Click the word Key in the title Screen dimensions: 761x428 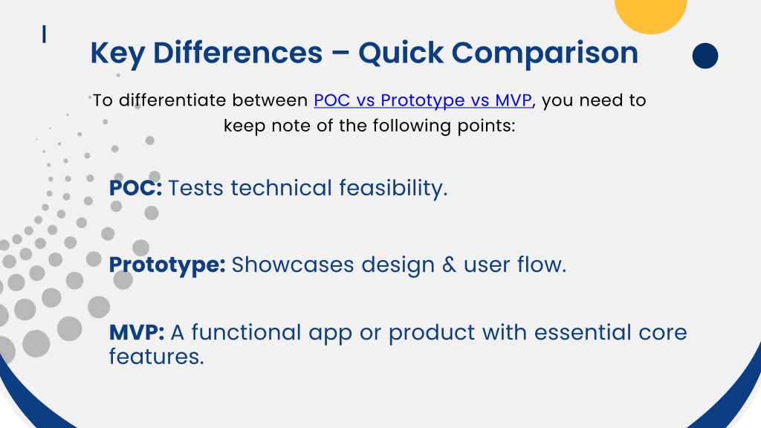coord(117,53)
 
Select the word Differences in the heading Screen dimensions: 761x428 coord(238,53)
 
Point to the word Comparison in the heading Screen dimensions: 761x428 coord(545,53)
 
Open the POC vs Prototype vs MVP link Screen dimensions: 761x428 coord(423,100)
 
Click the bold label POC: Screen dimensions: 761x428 coord(135,188)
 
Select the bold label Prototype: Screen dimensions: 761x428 coord(167,265)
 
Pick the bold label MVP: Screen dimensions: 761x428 coord(137,332)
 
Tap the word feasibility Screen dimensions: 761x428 coord(393,188)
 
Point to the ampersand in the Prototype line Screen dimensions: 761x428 coord(450,265)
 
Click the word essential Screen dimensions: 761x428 coord(583,332)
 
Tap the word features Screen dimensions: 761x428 coord(156,357)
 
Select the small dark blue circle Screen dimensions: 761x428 coord(705,56)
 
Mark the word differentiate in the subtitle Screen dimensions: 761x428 coord(172,100)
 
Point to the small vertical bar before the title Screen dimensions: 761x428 coord(44,34)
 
